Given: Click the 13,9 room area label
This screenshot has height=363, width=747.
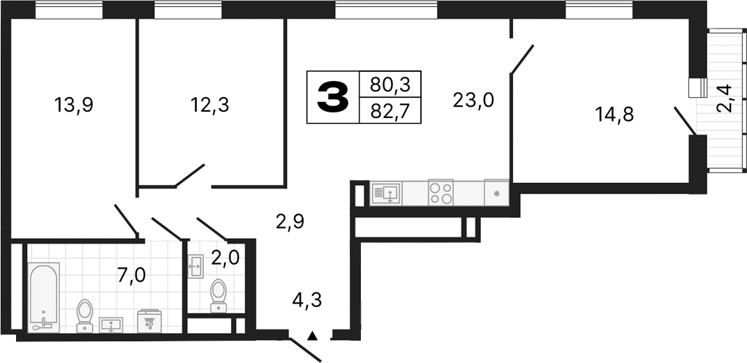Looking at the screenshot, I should [x=74, y=105].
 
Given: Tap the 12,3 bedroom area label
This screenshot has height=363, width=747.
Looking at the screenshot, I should [x=210, y=105].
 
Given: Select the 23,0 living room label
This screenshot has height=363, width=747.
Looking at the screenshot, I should [x=473, y=101].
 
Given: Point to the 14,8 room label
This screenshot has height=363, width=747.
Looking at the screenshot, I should [x=614, y=113].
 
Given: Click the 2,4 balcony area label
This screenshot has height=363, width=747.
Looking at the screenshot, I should [x=726, y=98].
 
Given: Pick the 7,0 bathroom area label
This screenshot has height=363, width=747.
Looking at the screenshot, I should [x=131, y=275].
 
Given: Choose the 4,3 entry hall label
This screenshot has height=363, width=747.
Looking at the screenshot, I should [x=307, y=302].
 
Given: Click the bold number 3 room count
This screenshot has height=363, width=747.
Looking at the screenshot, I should [x=333, y=97].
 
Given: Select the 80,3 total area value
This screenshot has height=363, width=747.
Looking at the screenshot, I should [x=390, y=85].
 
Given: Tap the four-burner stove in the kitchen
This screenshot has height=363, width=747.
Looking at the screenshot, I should [x=441, y=192].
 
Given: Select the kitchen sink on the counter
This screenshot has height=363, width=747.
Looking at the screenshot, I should [x=385, y=192].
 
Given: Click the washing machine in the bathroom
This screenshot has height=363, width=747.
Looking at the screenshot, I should [x=149, y=321].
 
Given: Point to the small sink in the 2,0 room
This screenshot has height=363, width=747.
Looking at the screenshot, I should [x=195, y=263].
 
